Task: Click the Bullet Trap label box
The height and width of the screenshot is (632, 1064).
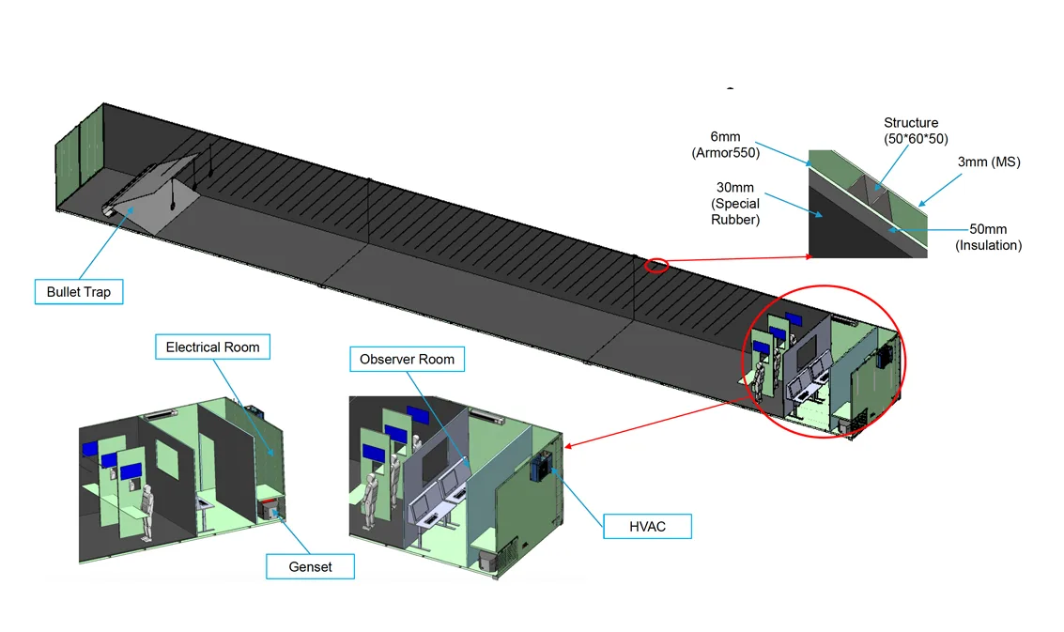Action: (x=79, y=292)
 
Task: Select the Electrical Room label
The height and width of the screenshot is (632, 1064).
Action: (x=212, y=347)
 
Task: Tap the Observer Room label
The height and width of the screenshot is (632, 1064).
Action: (x=407, y=359)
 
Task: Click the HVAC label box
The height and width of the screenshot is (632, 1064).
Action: (x=647, y=526)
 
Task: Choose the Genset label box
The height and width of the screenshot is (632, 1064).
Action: (x=311, y=566)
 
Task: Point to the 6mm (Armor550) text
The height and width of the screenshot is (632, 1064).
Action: (x=725, y=145)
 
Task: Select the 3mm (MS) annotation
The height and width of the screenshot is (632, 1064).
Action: (x=989, y=162)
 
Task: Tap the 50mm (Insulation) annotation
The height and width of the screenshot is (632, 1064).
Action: (x=988, y=238)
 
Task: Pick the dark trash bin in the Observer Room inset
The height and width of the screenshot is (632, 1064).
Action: (x=487, y=560)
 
